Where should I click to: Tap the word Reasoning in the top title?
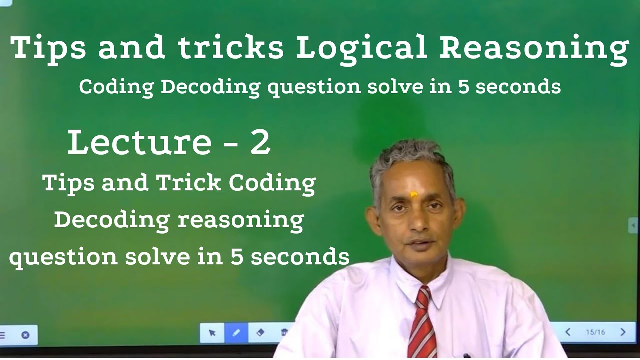coord(534,49)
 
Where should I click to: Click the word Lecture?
coord(139,142)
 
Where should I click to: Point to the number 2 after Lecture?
coord(260,142)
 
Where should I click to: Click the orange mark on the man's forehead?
coord(414,194)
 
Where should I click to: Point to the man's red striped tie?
coord(422,325)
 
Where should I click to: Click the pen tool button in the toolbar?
coord(236,333)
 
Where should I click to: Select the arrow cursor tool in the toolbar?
coord(212,333)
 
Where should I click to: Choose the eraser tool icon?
coord(260,333)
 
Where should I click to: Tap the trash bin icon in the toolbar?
coord(284,333)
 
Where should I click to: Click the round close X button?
coord(25,335)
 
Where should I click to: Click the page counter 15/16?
coord(595,332)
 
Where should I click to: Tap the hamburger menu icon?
coord(2,335)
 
